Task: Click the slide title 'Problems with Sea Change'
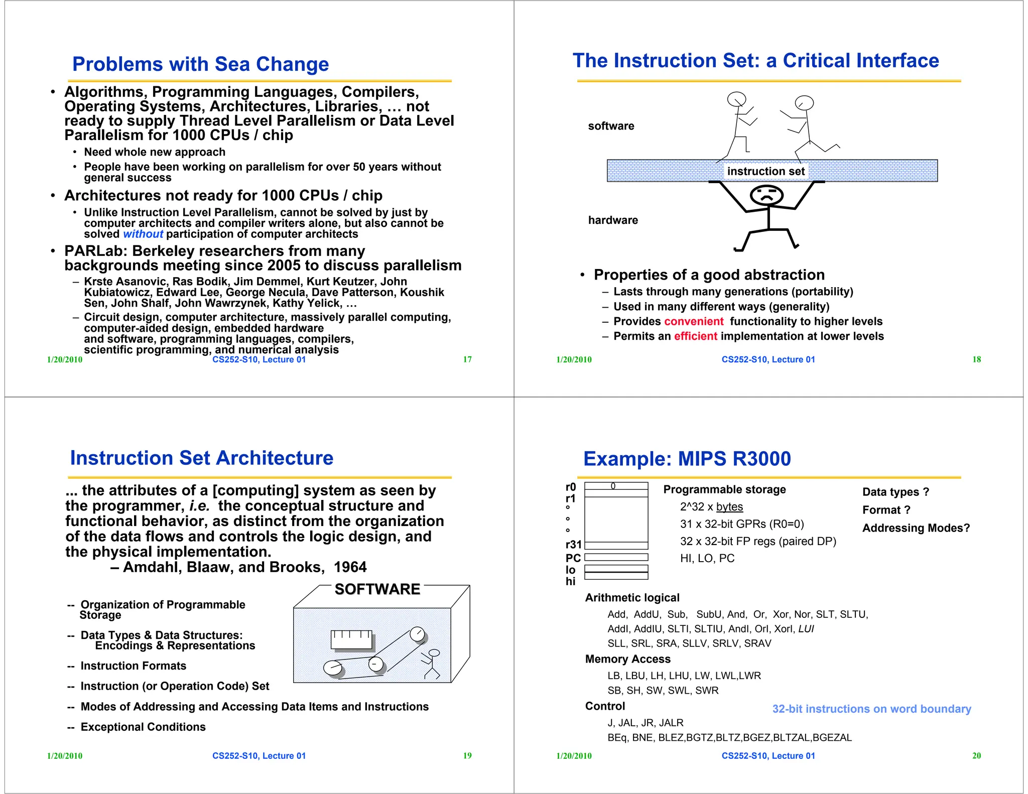pos(200,64)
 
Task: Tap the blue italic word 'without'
pos(143,234)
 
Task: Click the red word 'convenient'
pos(693,322)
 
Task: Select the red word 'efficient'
pos(695,336)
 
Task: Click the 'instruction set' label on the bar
pos(765,172)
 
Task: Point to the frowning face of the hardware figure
pos(766,195)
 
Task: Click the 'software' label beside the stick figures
pos(611,126)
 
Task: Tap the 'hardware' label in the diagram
pos(613,220)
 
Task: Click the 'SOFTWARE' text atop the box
pos(377,589)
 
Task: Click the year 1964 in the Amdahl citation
pos(350,567)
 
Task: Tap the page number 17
pos(467,359)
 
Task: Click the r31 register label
pos(573,545)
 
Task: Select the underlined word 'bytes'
pos(729,507)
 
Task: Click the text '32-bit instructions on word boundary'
pos(871,709)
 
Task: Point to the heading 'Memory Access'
pos(627,659)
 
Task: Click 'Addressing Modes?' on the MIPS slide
pos(916,528)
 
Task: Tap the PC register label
pos(573,558)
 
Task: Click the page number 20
pos(976,756)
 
